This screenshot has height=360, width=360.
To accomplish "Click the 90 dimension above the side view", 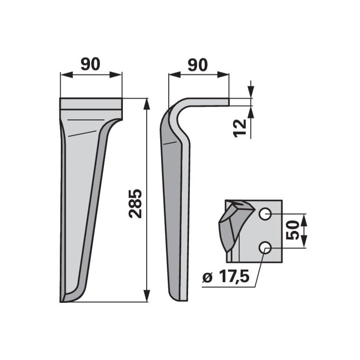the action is tap(198, 65).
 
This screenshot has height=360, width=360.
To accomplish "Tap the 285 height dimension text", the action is tap(135, 204).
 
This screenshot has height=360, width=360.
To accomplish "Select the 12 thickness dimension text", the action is tap(239, 128).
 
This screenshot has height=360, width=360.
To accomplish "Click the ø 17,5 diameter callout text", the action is tap(226, 277).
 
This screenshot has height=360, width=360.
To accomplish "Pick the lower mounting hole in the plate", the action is tap(265, 248).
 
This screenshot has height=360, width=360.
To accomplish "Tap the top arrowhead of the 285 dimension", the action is tap(147, 104).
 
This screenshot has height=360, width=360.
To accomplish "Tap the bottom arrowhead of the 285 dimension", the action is tap(147, 296).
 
